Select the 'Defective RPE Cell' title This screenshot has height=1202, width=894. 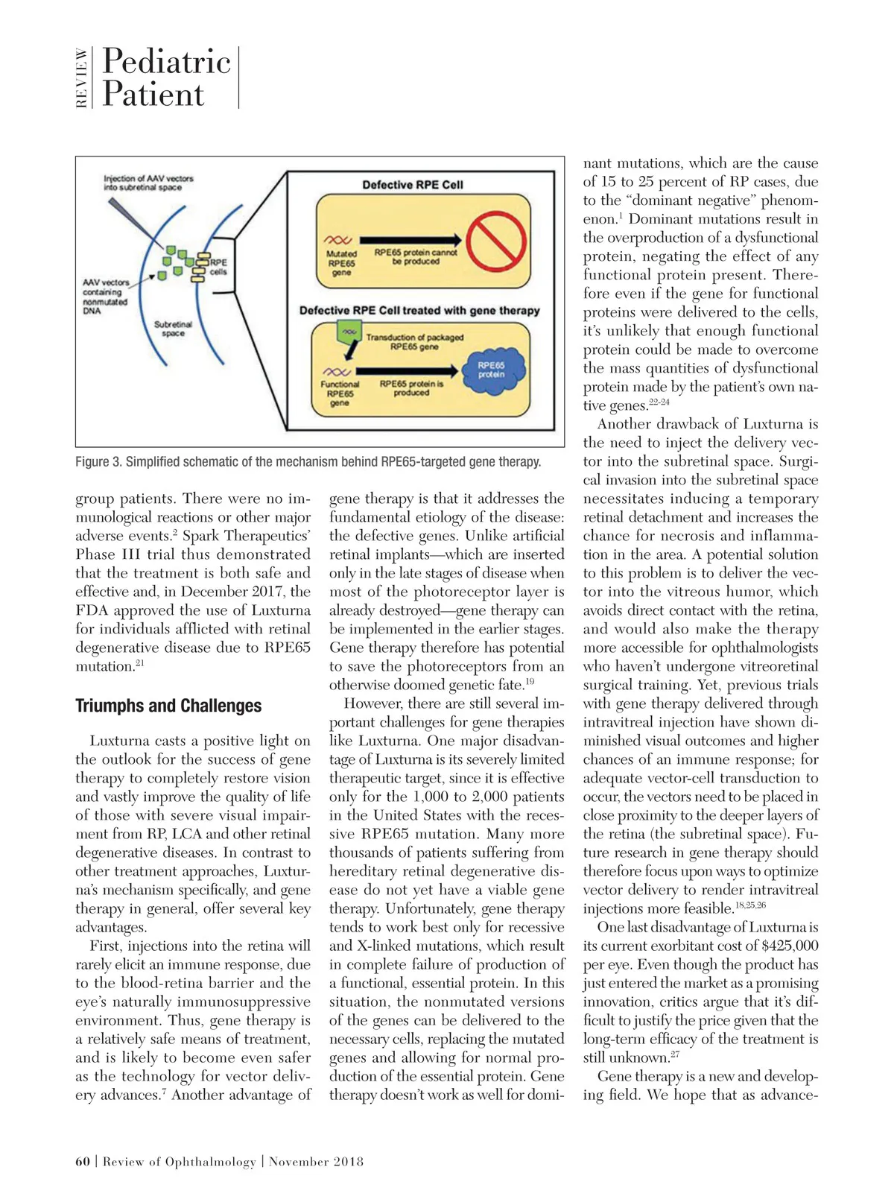(413, 185)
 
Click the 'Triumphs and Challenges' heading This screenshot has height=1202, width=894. (168, 706)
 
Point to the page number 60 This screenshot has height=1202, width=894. (83, 1161)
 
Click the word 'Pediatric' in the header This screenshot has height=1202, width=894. (167, 61)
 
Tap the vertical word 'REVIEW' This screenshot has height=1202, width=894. (82, 78)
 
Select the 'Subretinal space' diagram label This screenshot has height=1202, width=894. (173, 329)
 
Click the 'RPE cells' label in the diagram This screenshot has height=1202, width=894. (218, 267)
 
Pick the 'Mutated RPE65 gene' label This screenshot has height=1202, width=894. (341, 263)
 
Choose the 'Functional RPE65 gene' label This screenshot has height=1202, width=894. (340, 393)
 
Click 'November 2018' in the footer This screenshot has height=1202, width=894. (316, 1161)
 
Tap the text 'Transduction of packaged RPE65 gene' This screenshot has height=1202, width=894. (414, 342)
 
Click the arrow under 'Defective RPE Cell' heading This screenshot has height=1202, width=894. (410, 240)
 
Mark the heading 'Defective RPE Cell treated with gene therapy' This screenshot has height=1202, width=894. (419, 310)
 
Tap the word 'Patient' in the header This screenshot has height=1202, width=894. (153, 95)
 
